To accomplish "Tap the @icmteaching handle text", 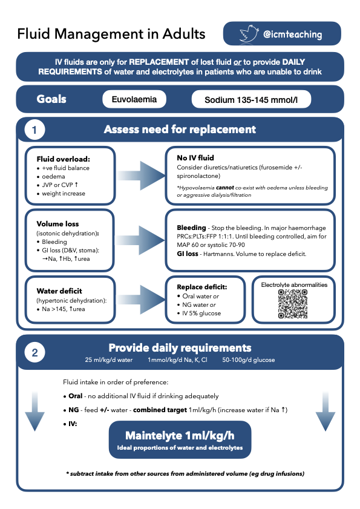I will [292, 34].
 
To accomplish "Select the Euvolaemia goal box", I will [139, 99].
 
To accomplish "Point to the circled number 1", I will [34, 130].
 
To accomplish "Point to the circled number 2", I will [34, 352].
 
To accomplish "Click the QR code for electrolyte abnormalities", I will [293, 304].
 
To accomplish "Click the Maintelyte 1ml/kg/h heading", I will [180, 435].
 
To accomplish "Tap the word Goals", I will [52, 99].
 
